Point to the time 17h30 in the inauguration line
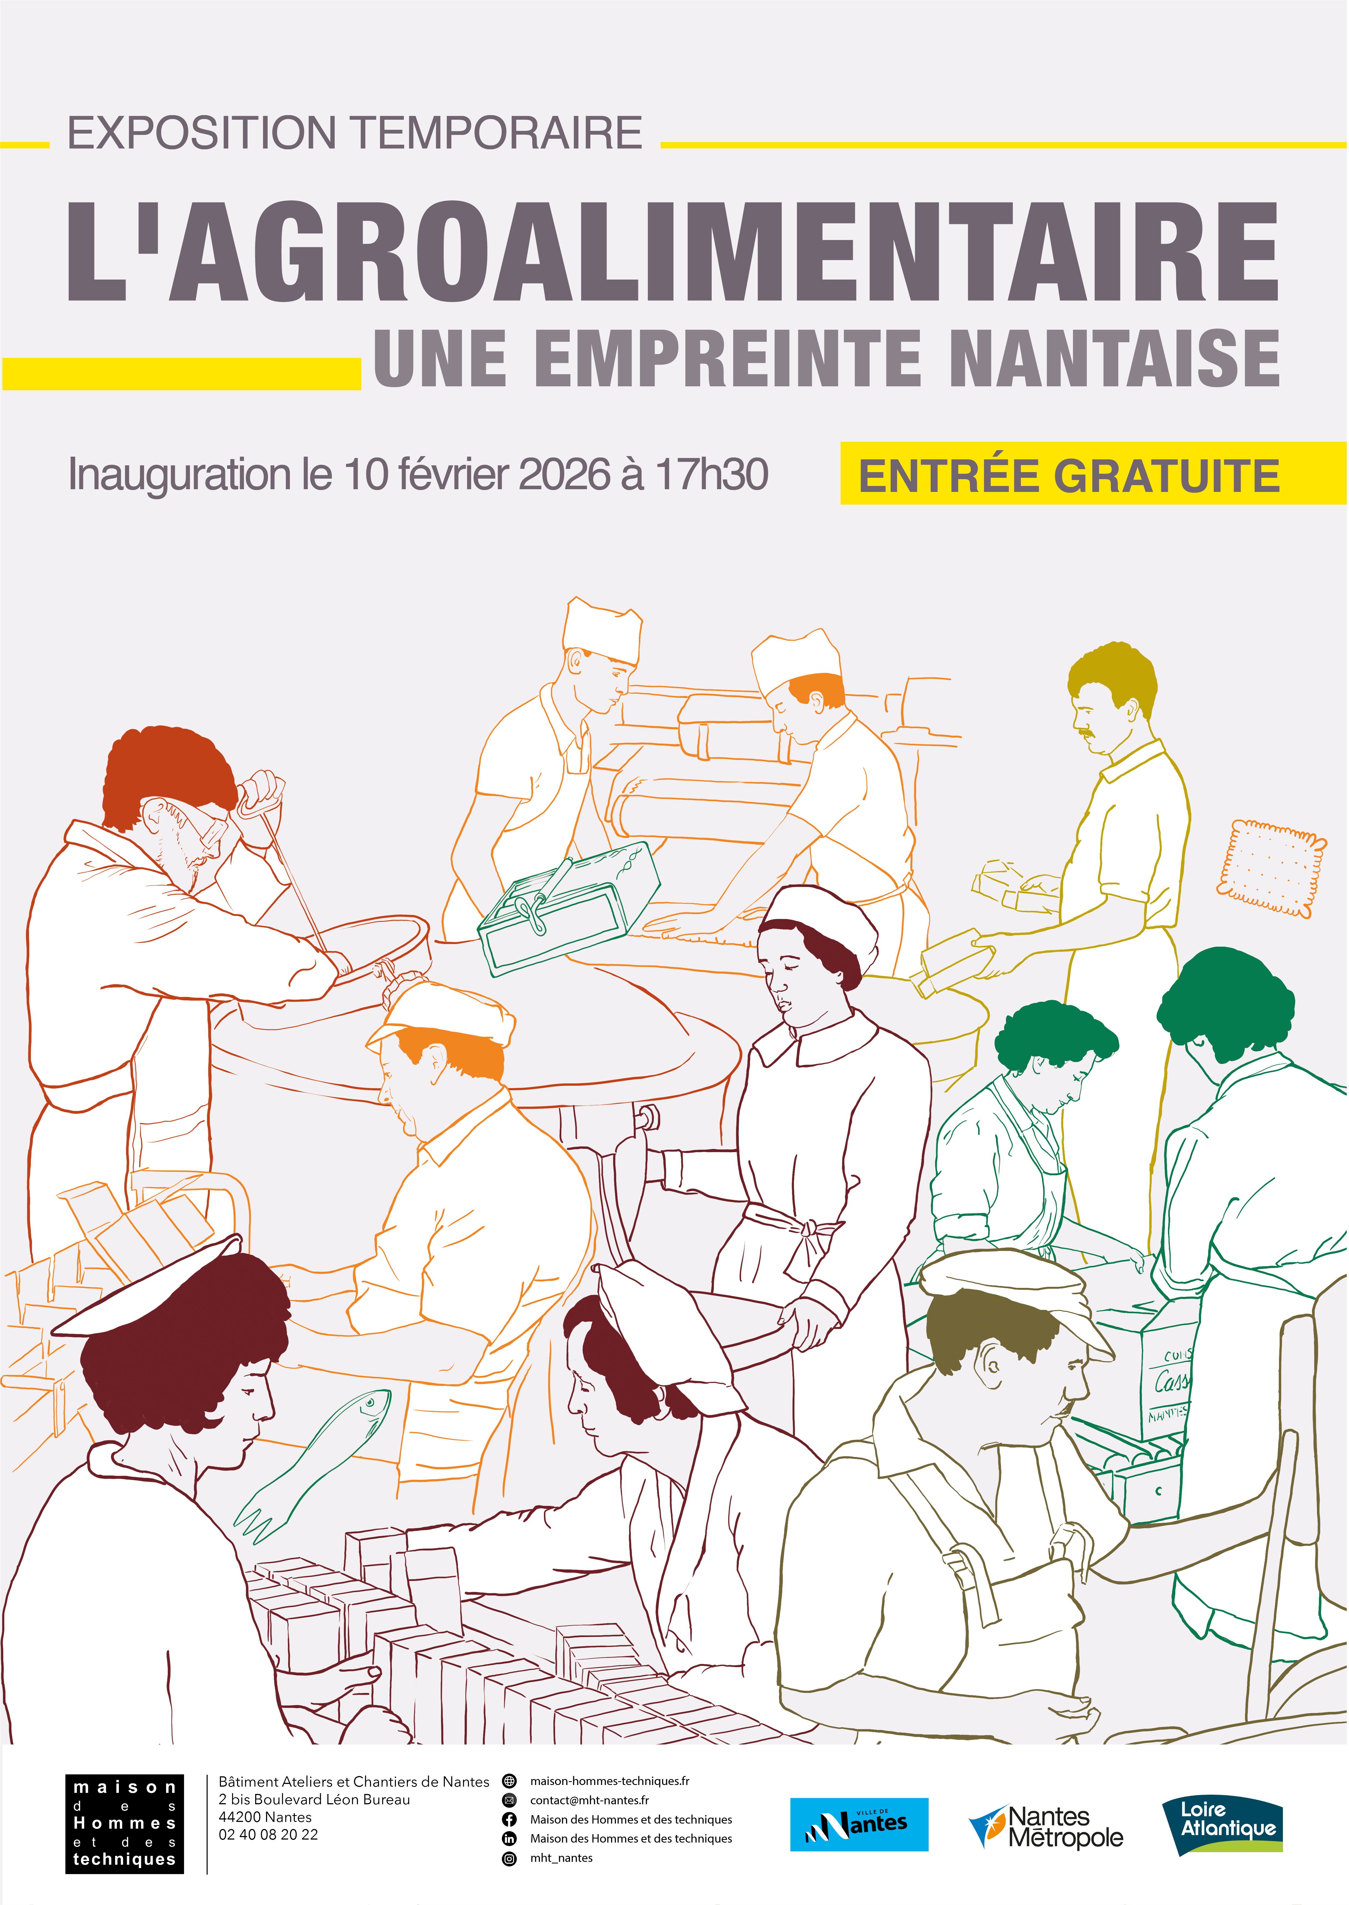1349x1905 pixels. pyautogui.click(x=712, y=474)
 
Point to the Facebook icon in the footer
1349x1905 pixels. pyautogui.click(x=509, y=1819)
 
